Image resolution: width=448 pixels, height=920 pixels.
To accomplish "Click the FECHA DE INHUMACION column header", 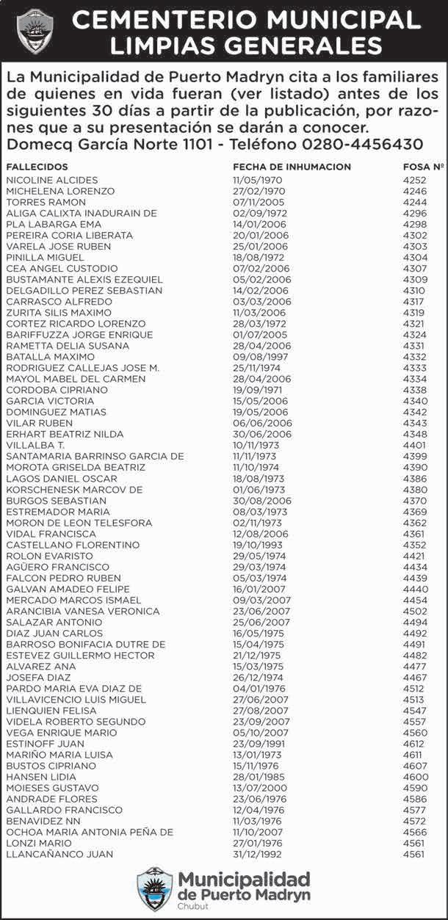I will pos(292,167).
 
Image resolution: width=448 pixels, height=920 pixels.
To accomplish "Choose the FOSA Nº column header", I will pos(423,167).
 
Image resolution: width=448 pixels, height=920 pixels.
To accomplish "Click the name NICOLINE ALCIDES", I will pos(46,180).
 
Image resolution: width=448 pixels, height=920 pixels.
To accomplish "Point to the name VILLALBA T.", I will pos(35,445).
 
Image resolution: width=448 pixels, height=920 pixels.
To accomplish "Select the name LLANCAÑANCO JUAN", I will pos(59,855).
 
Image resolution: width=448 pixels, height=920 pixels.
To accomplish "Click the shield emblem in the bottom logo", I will pos(155,889).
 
